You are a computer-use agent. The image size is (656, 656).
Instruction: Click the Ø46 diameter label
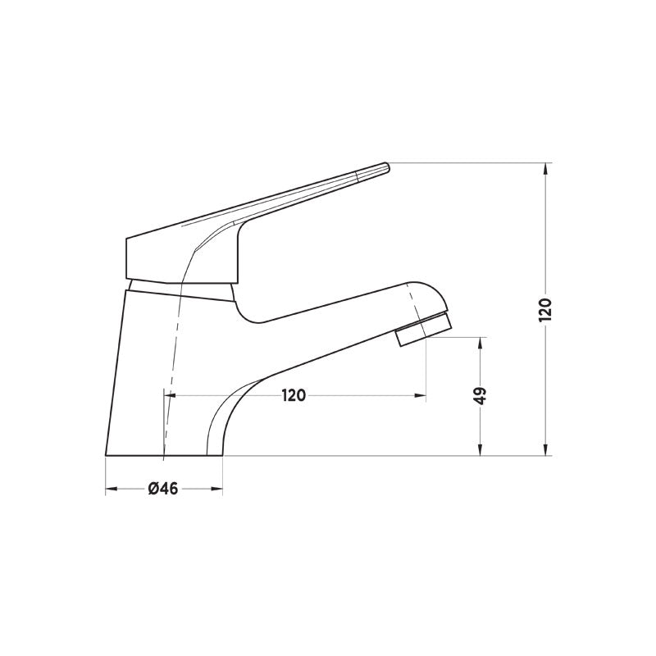pyautogui.click(x=163, y=490)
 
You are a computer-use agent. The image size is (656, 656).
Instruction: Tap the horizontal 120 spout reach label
pyautogui.click(x=294, y=396)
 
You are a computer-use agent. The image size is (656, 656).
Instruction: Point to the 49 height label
pyautogui.click(x=481, y=394)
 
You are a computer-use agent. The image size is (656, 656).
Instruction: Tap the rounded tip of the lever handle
pyautogui.click(x=382, y=169)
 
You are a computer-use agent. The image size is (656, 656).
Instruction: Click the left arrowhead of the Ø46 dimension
pyautogui.click(x=112, y=490)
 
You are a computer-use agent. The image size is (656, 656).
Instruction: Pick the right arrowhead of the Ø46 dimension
pyautogui.click(x=217, y=490)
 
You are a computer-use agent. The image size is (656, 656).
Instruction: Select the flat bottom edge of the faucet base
pyautogui.click(x=164, y=455)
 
